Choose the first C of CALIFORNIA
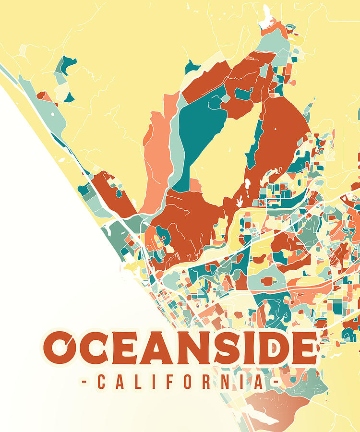101,383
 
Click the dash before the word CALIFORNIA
84,383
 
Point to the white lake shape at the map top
265,19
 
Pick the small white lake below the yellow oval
247,184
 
